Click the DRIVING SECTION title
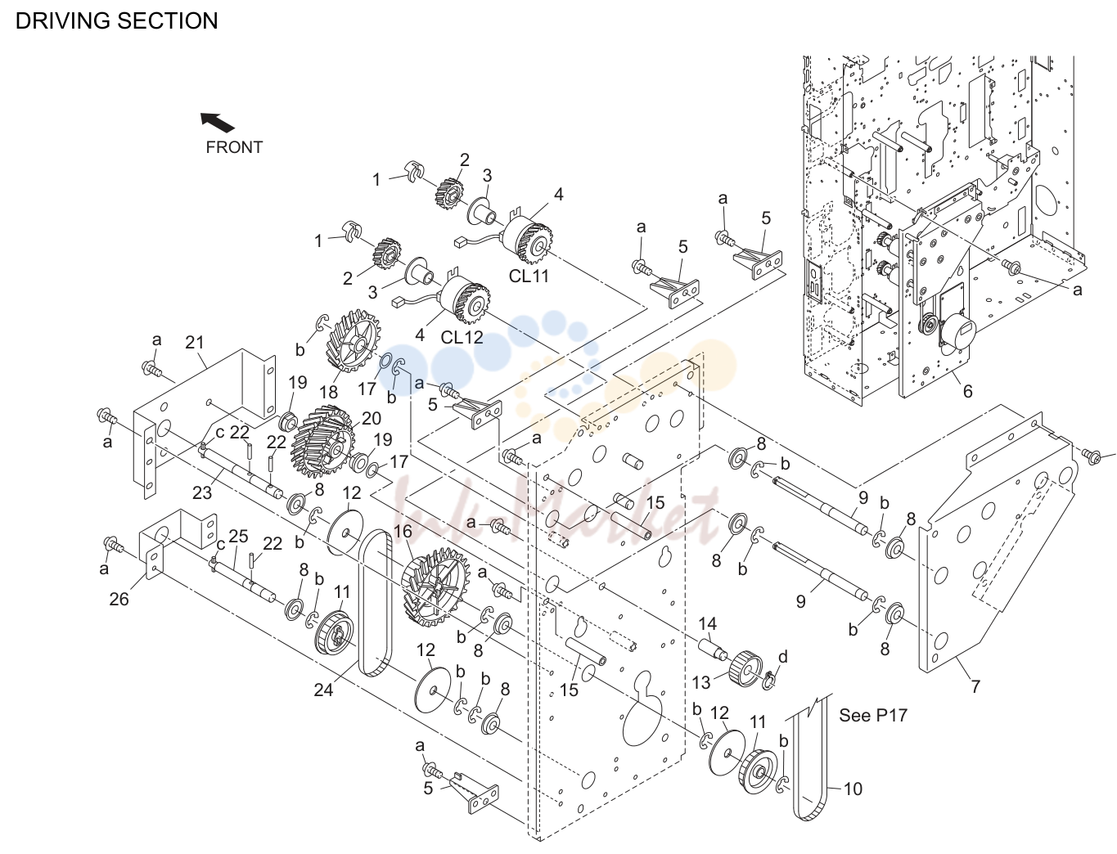pos(116,20)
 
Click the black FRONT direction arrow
pos(218,123)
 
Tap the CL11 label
pos(529,276)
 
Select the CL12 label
pos(462,337)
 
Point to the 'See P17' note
pos(873,715)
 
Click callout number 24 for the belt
pos(324,690)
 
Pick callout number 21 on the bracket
pos(195,343)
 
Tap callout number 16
pos(403,532)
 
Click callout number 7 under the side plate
pos(975,686)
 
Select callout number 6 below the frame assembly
pos(967,391)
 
